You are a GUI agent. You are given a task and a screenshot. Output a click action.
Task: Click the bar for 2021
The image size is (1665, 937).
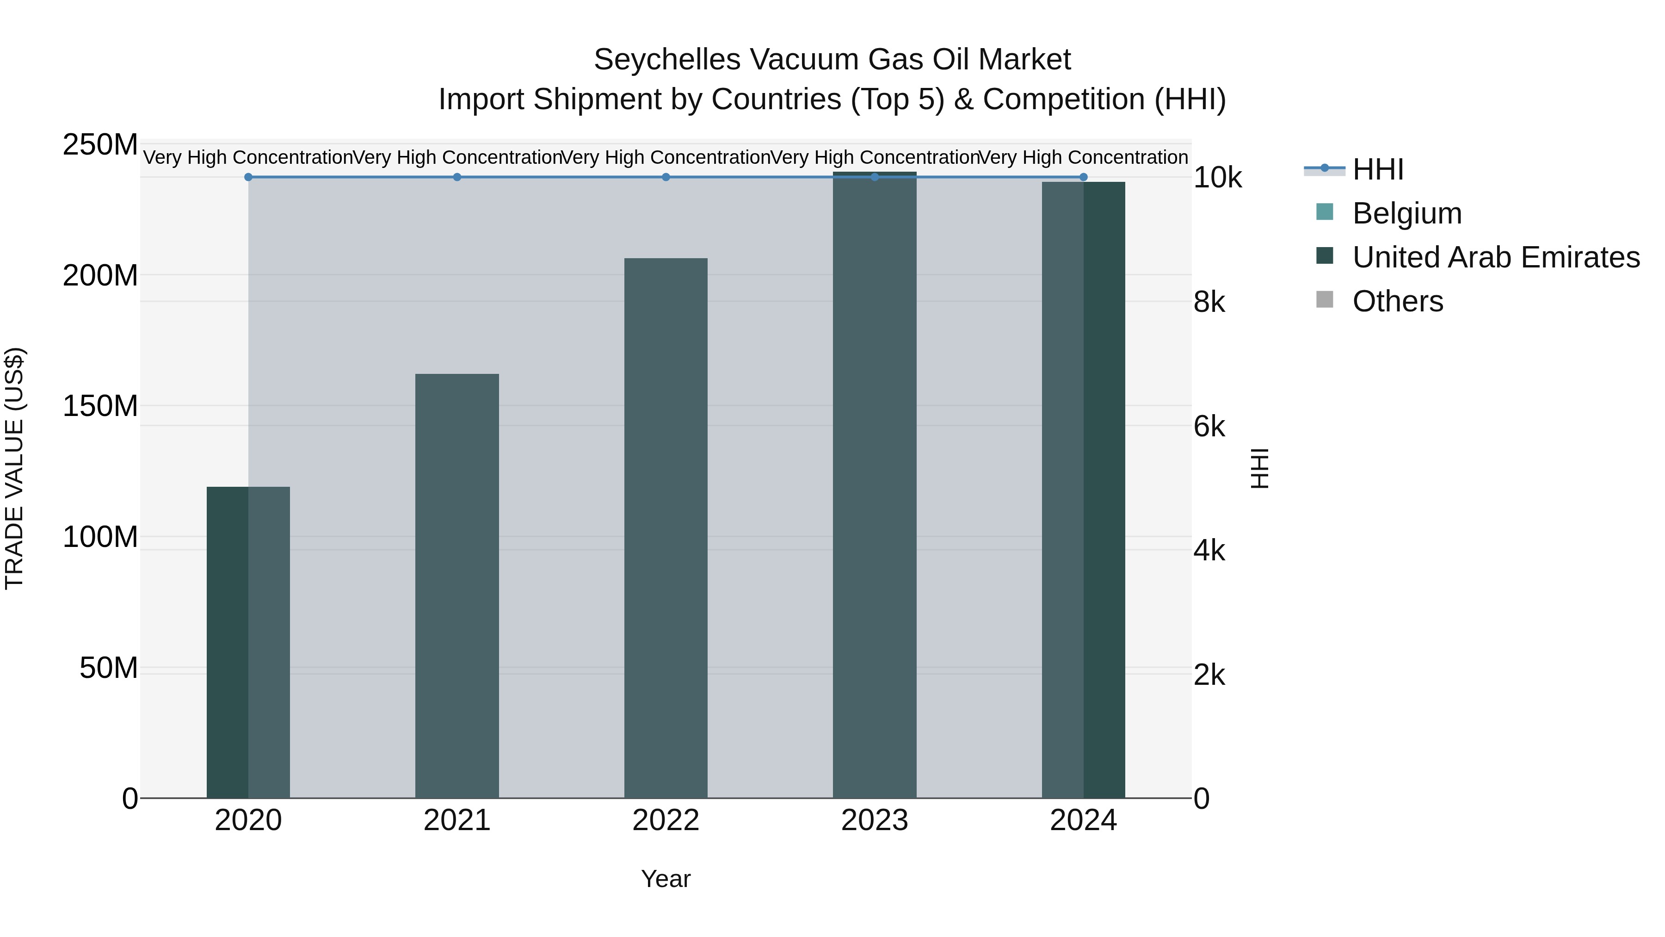[457, 585]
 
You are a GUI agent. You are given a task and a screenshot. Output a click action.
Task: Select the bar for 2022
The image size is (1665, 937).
[666, 527]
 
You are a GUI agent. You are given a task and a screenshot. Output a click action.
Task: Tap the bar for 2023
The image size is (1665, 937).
[875, 485]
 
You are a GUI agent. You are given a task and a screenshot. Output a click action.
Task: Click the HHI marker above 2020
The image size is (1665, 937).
[248, 177]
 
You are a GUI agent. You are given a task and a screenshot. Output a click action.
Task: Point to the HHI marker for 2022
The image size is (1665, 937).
[666, 177]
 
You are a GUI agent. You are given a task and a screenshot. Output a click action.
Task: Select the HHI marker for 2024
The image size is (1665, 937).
[1083, 177]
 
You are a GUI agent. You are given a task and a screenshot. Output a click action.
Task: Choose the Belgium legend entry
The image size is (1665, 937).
[1406, 213]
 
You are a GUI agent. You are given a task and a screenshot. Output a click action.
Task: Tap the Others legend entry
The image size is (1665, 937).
[1397, 301]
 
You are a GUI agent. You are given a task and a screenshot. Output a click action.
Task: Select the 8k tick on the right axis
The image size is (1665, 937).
[1209, 302]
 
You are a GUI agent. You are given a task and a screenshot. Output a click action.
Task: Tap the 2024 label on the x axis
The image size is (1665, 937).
[1083, 820]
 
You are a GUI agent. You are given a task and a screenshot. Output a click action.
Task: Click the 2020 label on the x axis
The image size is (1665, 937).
[248, 820]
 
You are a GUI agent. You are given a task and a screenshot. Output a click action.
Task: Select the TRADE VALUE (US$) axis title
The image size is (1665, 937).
[14, 468]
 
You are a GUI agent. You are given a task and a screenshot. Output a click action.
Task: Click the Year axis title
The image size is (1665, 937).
[666, 879]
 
